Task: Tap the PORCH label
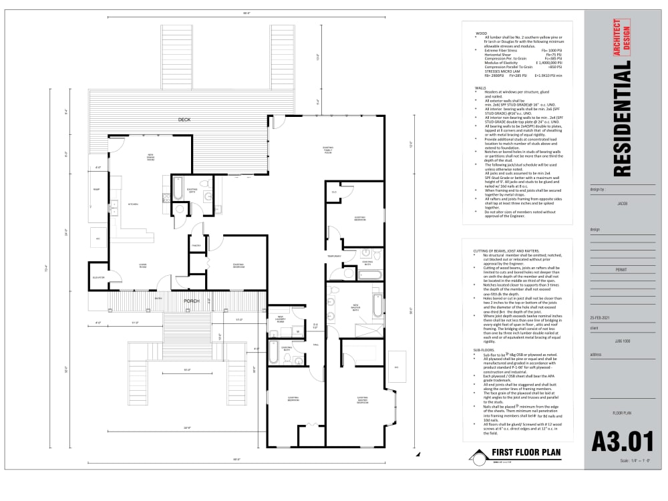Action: tap(192, 301)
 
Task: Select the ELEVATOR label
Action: tap(98, 278)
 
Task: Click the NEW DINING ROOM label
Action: tap(150, 157)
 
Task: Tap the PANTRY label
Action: tap(196, 246)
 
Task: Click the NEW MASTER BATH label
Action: tap(356, 309)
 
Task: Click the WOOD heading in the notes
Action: tap(481, 32)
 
